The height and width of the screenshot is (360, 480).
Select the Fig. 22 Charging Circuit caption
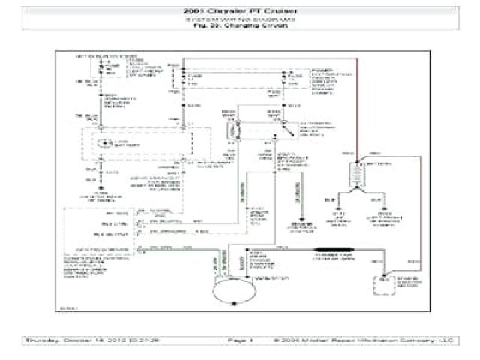[x=239, y=26]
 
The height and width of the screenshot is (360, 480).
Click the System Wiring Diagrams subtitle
[x=239, y=19]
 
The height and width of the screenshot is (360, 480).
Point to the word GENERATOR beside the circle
[x=268, y=278]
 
